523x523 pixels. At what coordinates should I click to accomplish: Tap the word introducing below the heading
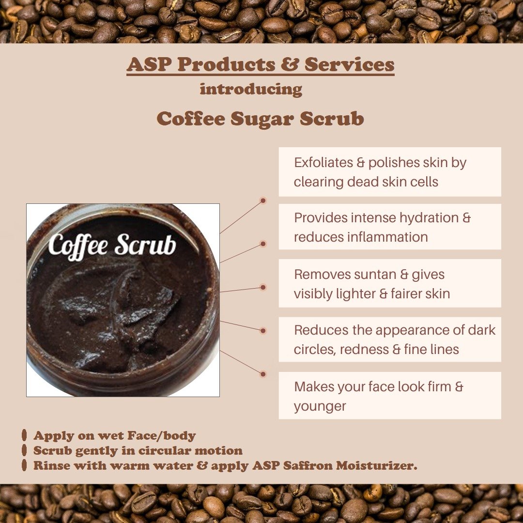[x=251, y=90]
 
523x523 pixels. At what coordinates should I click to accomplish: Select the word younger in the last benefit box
[x=320, y=407]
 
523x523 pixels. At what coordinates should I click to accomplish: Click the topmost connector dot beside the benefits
[x=263, y=200]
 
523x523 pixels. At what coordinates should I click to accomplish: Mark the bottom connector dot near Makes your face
[x=263, y=374]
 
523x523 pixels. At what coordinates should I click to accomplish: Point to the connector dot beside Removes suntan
[x=263, y=287]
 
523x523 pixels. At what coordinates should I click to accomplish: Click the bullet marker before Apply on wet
[x=24, y=435]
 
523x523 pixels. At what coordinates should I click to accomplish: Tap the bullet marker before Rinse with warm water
[x=24, y=465]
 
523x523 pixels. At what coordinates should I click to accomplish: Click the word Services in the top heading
[x=349, y=64]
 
